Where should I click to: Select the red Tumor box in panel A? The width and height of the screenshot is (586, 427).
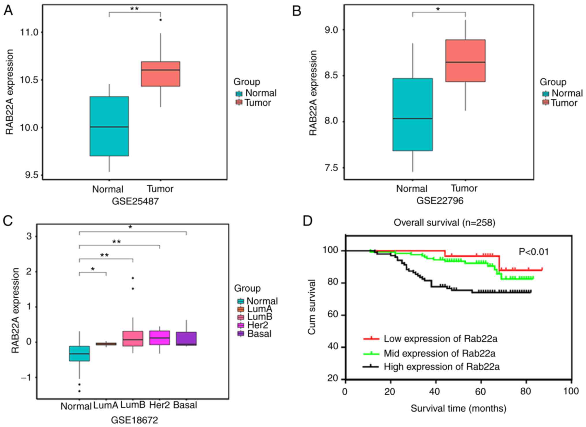[x=160, y=74]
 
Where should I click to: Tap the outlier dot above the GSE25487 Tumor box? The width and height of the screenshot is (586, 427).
[x=161, y=20]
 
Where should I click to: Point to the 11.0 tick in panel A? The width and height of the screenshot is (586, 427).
[x=29, y=32]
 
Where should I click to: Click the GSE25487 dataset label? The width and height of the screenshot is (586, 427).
[x=135, y=201]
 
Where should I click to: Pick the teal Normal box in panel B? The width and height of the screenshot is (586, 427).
[x=413, y=115]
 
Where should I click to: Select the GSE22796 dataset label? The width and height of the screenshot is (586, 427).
[x=440, y=201]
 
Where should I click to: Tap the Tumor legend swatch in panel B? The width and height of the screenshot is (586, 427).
[x=545, y=103]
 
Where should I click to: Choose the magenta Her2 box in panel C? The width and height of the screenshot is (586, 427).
[x=160, y=338]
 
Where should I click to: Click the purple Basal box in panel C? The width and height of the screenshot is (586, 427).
[x=186, y=338]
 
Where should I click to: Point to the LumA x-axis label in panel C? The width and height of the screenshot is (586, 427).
[x=106, y=405]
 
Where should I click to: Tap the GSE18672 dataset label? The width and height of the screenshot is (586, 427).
[x=134, y=420]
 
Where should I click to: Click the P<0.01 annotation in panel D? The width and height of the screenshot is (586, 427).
[x=533, y=252]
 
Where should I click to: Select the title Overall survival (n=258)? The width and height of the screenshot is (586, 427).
[x=444, y=222]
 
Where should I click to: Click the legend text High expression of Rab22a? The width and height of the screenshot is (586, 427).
[x=441, y=367]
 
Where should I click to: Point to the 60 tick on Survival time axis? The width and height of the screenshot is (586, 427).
[x=481, y=392]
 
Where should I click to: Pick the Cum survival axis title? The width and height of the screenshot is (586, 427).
[x=312, y=307]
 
